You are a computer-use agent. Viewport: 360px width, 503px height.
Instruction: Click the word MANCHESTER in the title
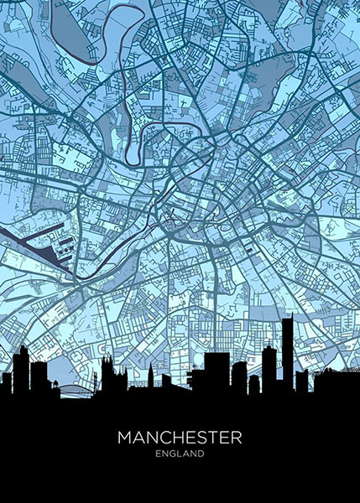(x=180, y=438)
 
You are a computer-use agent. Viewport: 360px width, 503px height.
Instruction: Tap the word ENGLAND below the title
(x=180, y=454)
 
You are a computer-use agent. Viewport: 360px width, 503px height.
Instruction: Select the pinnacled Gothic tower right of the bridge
(x=108, y=373)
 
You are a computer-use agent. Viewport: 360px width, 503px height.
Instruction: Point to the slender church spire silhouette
(x=148, y=373)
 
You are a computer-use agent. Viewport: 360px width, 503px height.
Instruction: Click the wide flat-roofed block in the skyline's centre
(x=217, y=369)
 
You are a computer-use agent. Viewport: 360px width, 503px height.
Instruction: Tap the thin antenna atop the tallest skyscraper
(x=287, y=317)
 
